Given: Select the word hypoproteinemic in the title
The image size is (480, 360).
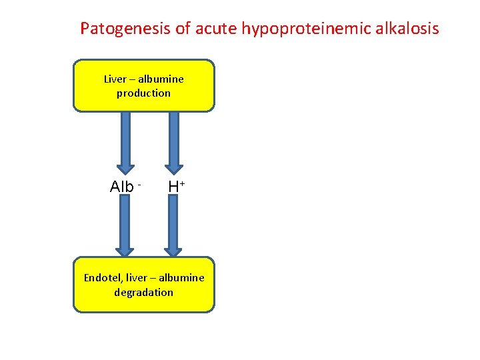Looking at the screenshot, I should coord(307,29).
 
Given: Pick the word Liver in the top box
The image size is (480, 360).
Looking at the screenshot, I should coord(115,79).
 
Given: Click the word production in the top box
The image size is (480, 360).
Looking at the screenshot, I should coord(143,93).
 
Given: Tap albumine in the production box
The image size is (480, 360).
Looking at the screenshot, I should coord(161,79).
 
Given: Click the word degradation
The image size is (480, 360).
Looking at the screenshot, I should coord(143,292).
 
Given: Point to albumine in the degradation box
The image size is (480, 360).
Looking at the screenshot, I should coord(182,277).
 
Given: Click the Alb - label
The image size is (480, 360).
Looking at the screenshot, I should coord(125,187).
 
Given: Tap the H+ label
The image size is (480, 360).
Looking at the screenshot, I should coord(175,187).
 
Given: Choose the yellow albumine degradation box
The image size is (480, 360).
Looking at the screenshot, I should coord(143,303).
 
